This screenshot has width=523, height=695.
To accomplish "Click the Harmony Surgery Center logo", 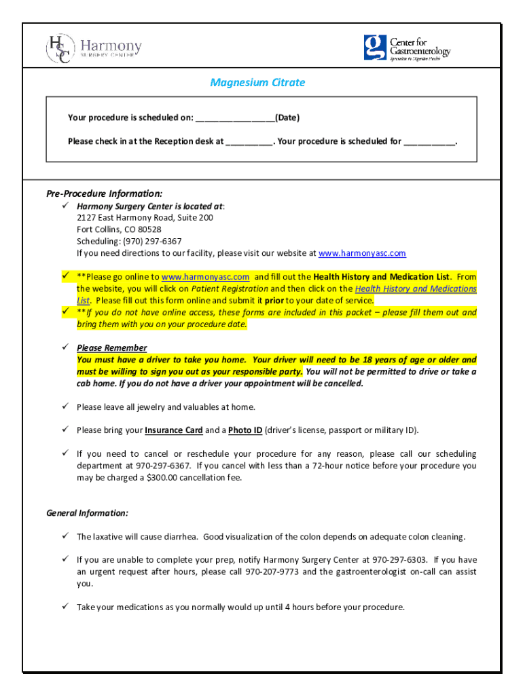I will [x=94, y=49].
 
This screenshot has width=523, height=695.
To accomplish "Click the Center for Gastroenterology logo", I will [x=406, y=48].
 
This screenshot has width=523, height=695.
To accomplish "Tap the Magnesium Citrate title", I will [x=257, y=83].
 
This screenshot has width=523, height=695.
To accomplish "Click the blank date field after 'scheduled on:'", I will [x=235, y=118].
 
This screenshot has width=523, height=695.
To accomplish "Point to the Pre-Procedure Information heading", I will [x=104, y=193].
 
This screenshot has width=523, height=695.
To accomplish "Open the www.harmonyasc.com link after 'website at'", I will [x=362, y=253].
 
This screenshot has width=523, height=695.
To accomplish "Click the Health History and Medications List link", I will [x=415, y=288].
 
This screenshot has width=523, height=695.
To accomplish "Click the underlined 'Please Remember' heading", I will [x=111, y=348].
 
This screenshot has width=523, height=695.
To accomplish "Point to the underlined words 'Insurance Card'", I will [x=174, y=430].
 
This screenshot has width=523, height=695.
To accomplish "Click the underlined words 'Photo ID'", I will [x=245, y=430].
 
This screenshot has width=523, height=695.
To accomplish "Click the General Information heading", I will [x=87, y=513].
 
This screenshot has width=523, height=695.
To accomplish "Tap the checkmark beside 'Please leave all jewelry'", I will [x=66, y=407].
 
